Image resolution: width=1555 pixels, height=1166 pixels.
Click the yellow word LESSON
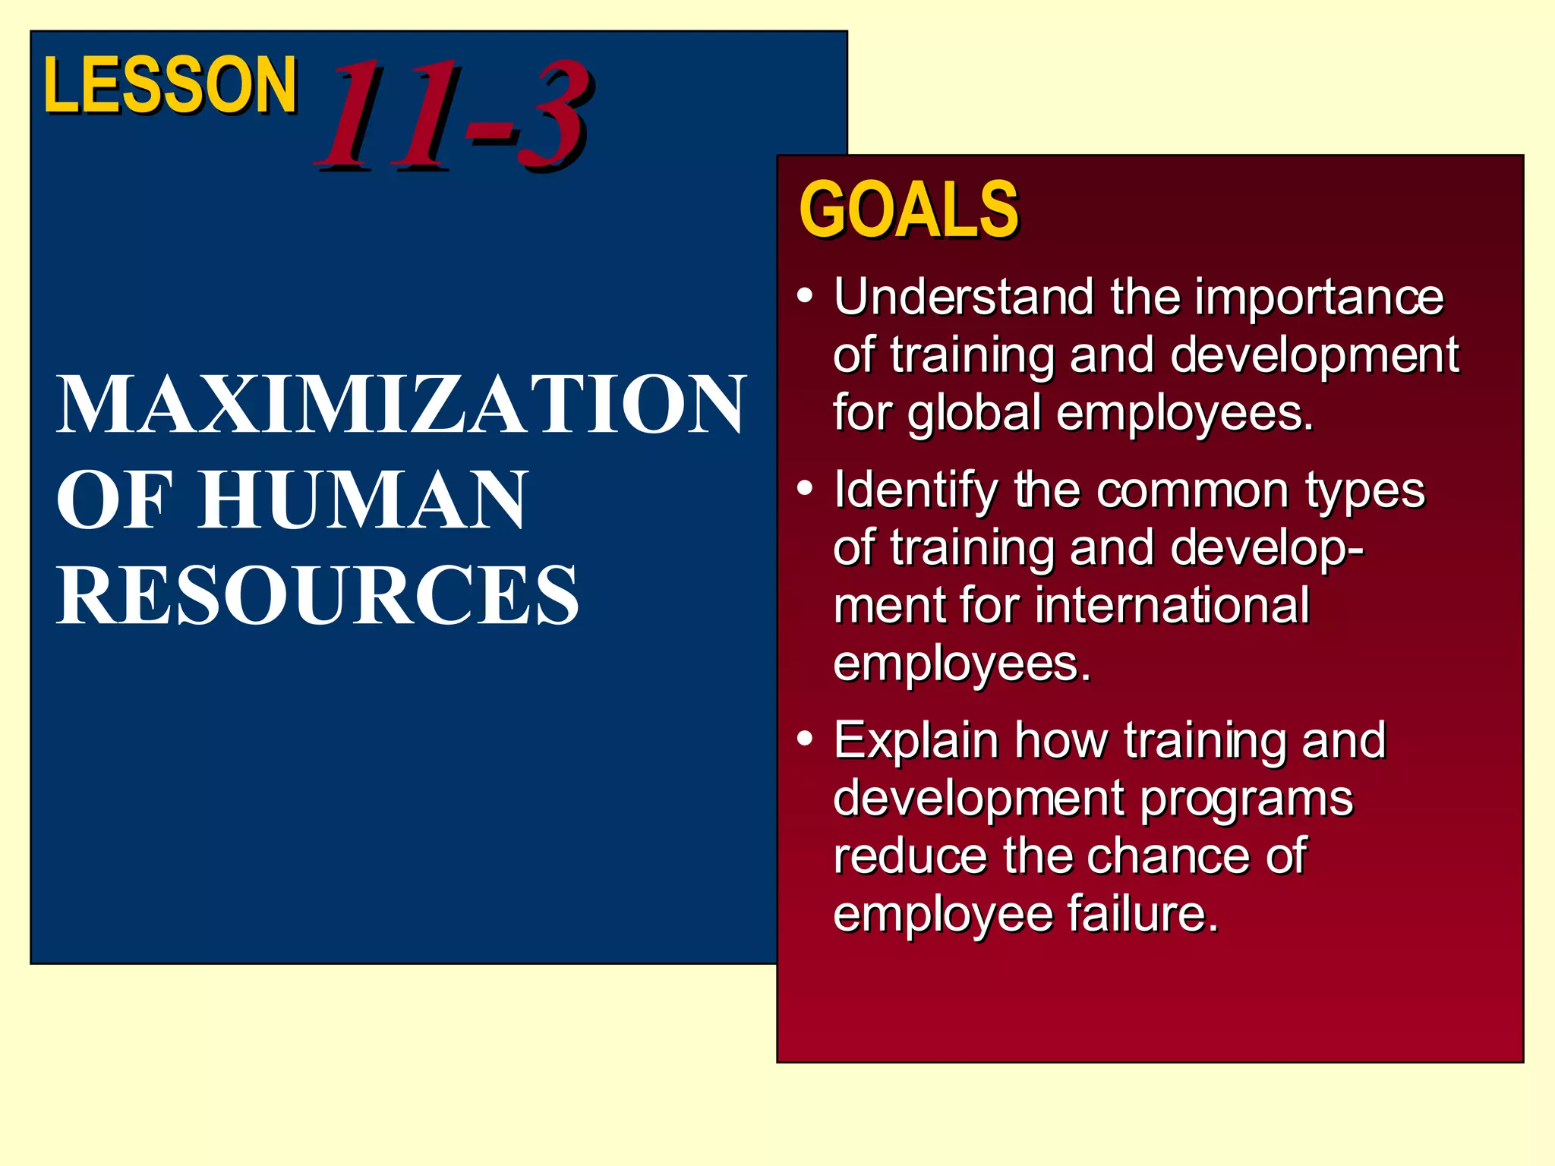tap(170, 85)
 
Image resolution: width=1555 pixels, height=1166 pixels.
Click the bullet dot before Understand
tap(806, 295)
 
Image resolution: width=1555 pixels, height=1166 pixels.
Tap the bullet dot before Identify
tap(806, 488)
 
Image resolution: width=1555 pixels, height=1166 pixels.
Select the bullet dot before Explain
tap(806, 738)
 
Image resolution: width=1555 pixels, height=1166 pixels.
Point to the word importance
tap(1319, 298)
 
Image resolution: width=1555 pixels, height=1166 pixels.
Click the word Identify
tap(916, 490)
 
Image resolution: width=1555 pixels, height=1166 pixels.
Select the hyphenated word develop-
tap(1267, 548)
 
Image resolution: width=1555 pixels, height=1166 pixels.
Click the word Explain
tap(916, 741)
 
